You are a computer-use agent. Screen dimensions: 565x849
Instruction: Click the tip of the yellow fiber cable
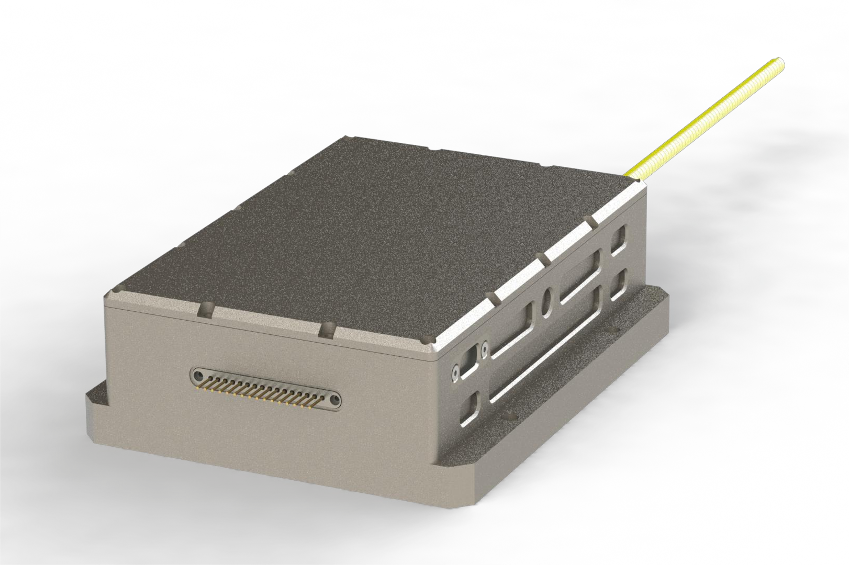tap(780, 62)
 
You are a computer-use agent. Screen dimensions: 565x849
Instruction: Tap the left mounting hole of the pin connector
tap(197, 376)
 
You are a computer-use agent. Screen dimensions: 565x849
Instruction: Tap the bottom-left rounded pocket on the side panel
tap(470, 409)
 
